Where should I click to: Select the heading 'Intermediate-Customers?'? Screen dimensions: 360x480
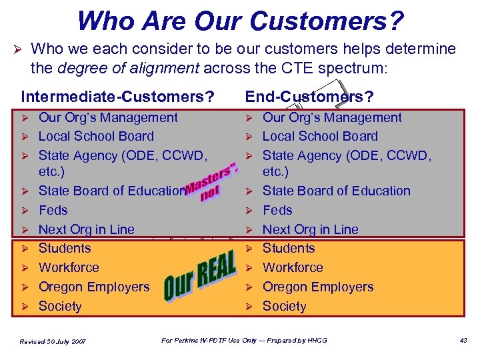tap(117, 97)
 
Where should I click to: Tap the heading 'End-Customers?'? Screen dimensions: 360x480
tap(309, 97)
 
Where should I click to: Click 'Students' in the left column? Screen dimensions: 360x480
tap(65, 249)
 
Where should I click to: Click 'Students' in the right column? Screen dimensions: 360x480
tap(289, 249)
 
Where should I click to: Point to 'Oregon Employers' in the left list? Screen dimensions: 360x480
tap(94, 287)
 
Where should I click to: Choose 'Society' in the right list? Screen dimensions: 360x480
tap(284, 307)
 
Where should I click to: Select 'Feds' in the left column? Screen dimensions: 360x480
tap(53, 210)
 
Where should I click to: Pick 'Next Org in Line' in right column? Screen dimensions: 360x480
tap(310, 229)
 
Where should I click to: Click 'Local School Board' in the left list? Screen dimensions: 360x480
tap(96, 137)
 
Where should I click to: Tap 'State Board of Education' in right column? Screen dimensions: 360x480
tap(336, 191)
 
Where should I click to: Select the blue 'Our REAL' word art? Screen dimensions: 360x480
tap(200, 277)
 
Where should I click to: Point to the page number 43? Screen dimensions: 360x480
tap(463, 341)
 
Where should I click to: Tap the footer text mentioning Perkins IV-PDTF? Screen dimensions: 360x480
tap(245, 341)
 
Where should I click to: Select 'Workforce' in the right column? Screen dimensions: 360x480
tap(293, 268)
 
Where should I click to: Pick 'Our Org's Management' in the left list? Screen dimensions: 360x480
tap(108, 118)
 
